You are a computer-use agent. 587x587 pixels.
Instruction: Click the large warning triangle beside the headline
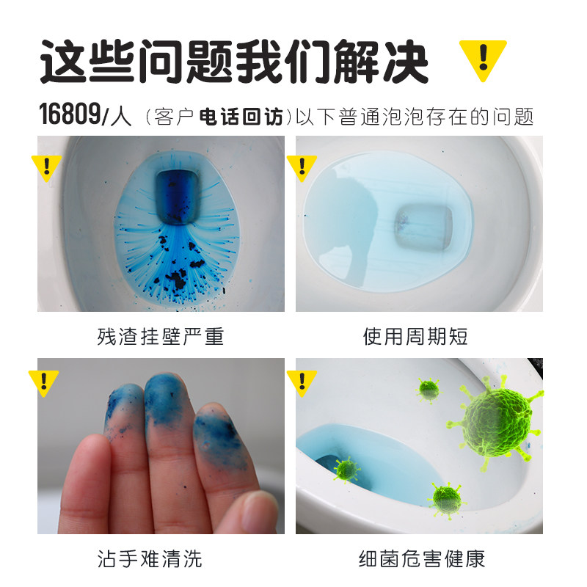(x=482, y=59)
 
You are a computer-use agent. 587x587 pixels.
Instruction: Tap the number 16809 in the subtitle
(x=70, y=115)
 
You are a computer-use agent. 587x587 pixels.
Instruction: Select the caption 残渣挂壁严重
(x=160, y=337)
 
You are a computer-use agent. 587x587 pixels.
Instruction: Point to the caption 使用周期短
(x=415, y=337)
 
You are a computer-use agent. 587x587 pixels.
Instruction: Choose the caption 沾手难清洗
(x=160, y=560)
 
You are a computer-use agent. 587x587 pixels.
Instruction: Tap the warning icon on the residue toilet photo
(x=45, y=167)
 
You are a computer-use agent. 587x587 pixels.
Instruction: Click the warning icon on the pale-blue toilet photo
(x=301, y=167)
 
